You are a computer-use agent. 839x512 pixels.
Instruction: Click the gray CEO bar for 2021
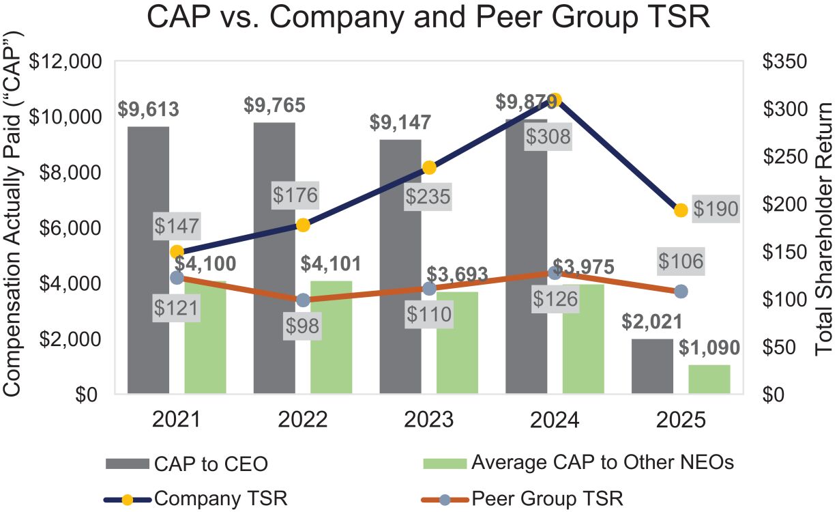point(148,259)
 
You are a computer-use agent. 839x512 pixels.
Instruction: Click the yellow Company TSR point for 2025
point(680,210)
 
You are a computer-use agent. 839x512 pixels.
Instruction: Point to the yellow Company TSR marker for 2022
point(303,225)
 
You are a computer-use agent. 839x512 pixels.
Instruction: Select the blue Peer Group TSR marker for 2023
point(429,289)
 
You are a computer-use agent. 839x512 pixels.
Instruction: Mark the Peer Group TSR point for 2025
point(680,291)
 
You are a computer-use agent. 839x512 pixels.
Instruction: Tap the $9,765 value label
point(275,105)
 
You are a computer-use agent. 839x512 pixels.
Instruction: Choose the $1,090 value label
point(709,348)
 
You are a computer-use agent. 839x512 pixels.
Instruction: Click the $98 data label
point(303,326)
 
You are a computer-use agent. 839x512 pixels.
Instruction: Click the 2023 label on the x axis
point(429,419)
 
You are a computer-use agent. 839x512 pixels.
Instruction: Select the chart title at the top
point(429,19)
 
